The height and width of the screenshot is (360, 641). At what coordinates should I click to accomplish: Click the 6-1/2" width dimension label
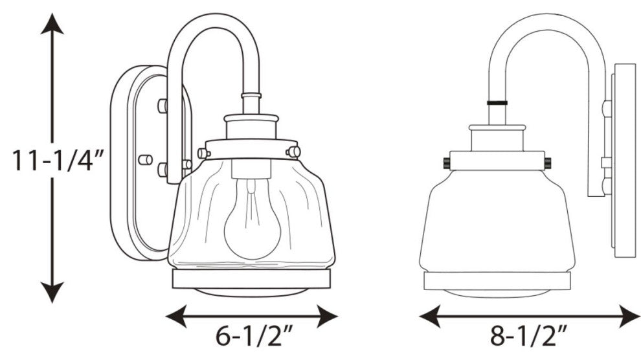252,338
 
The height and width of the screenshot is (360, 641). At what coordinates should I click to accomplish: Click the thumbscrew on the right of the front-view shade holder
293,152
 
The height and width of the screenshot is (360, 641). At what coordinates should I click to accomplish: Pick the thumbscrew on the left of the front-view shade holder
203,153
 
